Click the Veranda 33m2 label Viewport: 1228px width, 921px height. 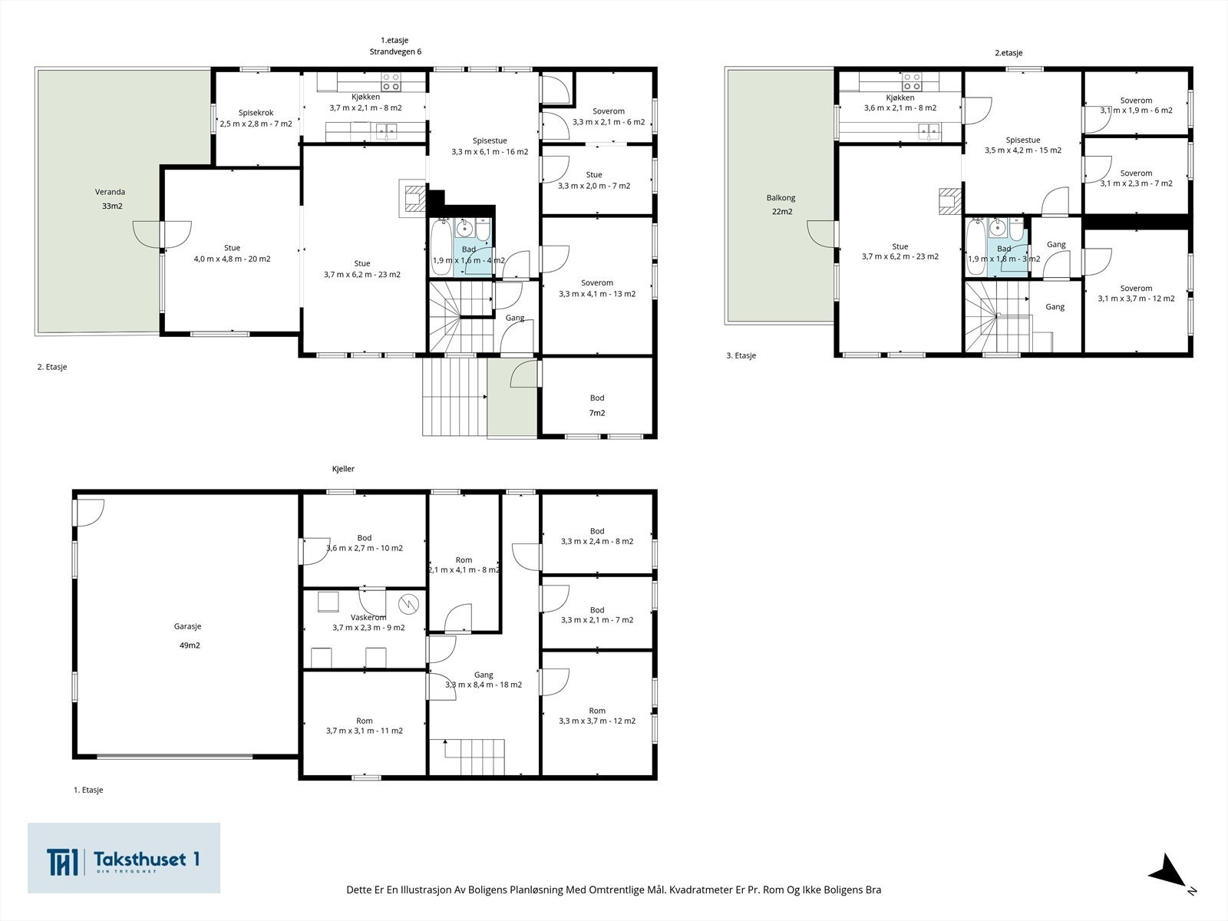pyautogui.click(x=111, y=199)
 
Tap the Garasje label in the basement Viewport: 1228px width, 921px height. pyautogui.click(x=187, y=626)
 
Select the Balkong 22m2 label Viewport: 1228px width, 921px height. pyautogui.click(x=781, y=204)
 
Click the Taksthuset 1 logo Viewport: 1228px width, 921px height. pyautogui.click(x=124, y=858)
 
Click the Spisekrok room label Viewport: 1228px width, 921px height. pyautogui.click(x=256, y=112)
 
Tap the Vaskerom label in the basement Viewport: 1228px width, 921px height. pyautogui.click(x=368, y=617)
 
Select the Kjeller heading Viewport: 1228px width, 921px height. pyautogui.click(x=343, y=469)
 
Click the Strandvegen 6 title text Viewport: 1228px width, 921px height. pyautogui.click(x=395, y=51)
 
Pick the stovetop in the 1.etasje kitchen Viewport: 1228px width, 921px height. pyautogui.click(x=391, y=81)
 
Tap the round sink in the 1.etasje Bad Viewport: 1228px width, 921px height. pyautogui.click(x=464, y=228)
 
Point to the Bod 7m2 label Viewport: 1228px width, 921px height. pyautogui.click(x=597, y=405)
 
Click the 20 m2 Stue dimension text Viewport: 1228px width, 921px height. pyautogui.click(x=233, y=259)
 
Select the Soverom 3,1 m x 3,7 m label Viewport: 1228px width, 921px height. pyautogui.click(x=1136, y=294)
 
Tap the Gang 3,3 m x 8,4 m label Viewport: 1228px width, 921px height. pyautogui.click(x=484, y=679)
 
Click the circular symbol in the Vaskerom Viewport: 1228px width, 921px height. pyautogui.click(x=408, y=604)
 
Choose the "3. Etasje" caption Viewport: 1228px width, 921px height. pyautogui.click(x=741, y=355)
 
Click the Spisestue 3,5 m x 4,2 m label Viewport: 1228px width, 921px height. pyautogui.click(x=1022, y=145)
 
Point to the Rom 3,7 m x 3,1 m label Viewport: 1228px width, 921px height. pyautogui.click(x=365, y=726)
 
